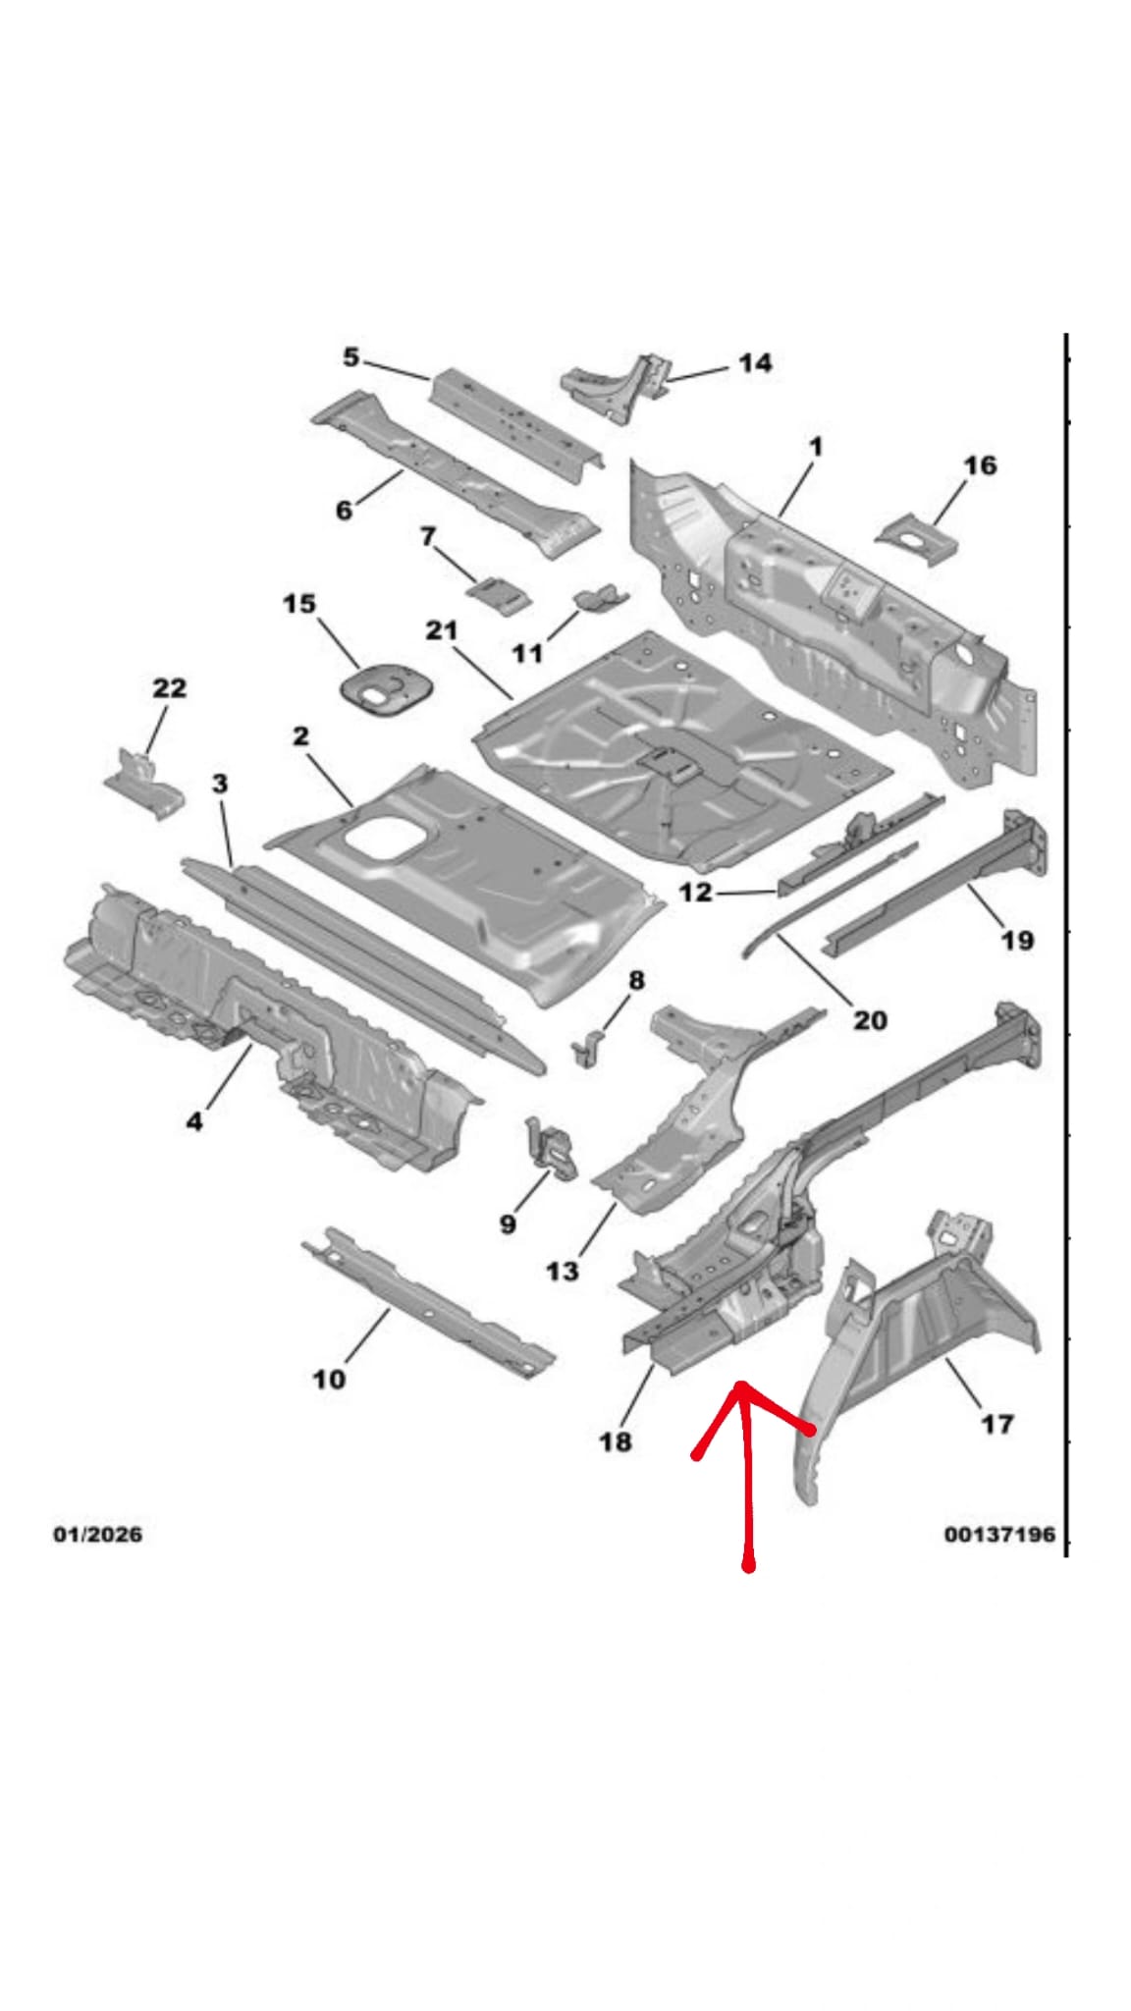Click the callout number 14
(x=754, y=363)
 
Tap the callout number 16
(x=979, y=464)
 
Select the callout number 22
(x=169, y=687)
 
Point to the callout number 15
(x=299, y=603)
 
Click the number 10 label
(x=329, y=1379)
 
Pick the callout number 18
(x=616, y=1441)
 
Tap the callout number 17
(x=997, y=1423)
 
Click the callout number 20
(x=870, y=1020)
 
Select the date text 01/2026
(x=97, y=1534)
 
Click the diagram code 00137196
(x=999, y=1534)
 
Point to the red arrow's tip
(x=742, y=1385)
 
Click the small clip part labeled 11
(x=601, y=597)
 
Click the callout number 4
(x=194, y=1119)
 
